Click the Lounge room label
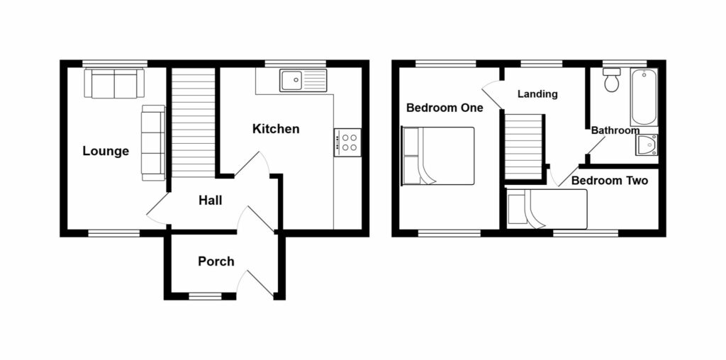tap(106, 151)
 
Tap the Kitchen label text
tap(276, 129)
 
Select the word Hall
tap(210, 201)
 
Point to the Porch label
tap(216, 261)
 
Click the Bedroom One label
tap(445, 108)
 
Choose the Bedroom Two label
tap(610, 181)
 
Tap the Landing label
tap(537, 94)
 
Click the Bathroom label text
tap(615, 130)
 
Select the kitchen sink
tap(303, 80)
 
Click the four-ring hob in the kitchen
tap(347, 142)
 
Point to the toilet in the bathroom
tap(611, 81)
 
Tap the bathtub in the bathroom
tap(644, 97)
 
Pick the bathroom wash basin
tap(647, 145)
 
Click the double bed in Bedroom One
tap(437, 156)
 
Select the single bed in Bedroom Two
tap(547, 210)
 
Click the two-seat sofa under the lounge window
tap(114, 83)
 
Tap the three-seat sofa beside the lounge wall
tap(152, 142)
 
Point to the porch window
tap(206, 296)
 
